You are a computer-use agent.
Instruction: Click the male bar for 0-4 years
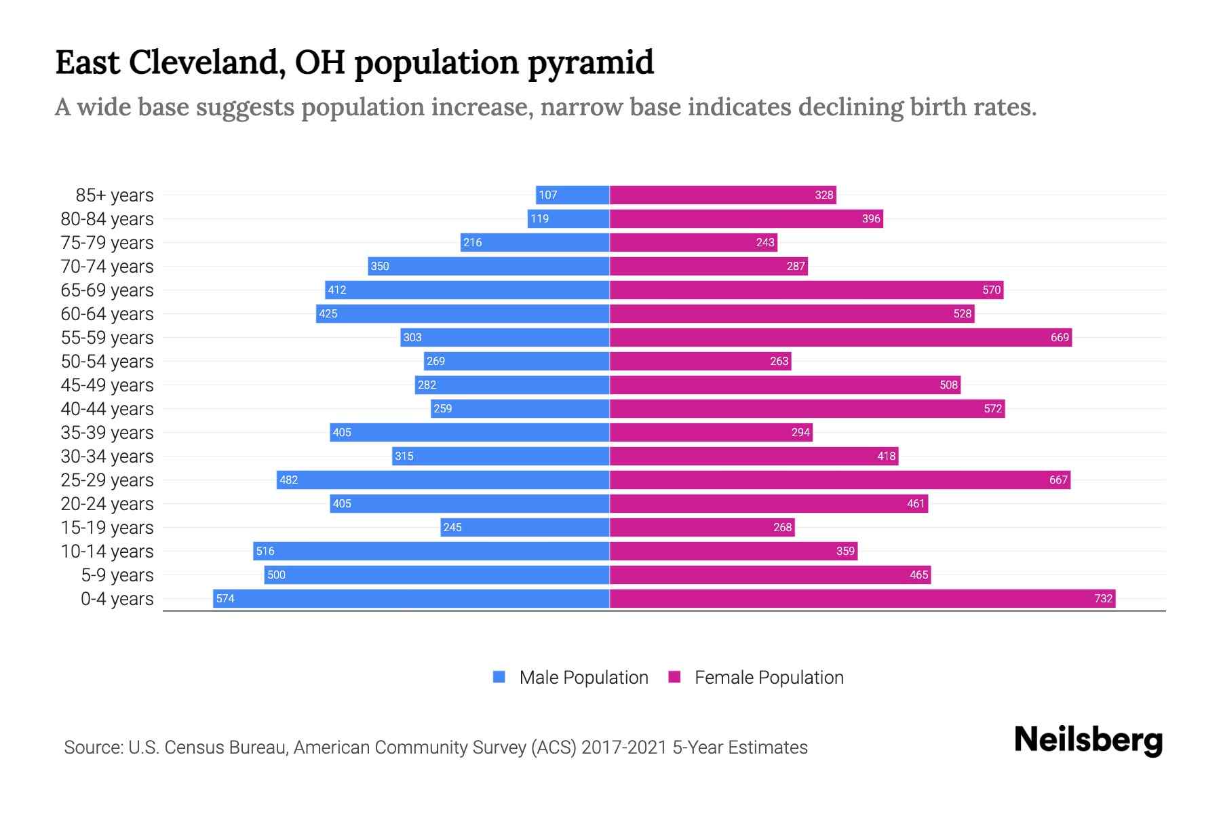pos(411,598)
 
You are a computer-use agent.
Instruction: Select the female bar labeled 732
pos(861,598)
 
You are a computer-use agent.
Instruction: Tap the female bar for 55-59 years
pos(840,337)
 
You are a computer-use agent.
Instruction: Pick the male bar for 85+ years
pos(573,195)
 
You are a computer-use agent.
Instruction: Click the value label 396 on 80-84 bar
pos(871,218)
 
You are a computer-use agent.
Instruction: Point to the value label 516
pos(265,551)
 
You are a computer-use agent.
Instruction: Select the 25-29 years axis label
pos(107,480)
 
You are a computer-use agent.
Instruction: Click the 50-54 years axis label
pos(107,361)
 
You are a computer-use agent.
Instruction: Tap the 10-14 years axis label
pos(107,551)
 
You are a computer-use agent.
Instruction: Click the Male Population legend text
pos(583,677)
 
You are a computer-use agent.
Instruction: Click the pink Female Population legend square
pos(674,677)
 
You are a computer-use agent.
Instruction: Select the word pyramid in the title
pos(590,62)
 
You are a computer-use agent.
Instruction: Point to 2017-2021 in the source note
pos(624,747)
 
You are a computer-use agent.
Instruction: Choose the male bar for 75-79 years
pos(535,242)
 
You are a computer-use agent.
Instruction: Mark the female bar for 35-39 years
pos(711,432)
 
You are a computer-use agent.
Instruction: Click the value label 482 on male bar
pos(289,480)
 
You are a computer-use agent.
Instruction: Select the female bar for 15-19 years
pos(702,527)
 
